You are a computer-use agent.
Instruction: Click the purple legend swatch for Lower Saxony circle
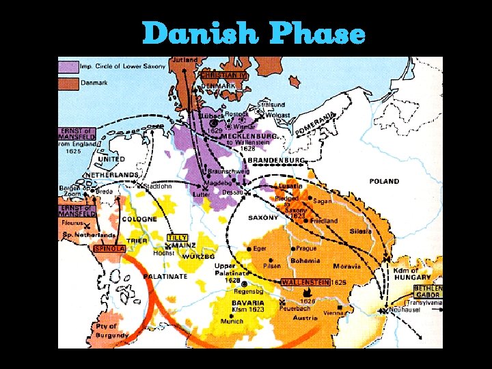(68, 66)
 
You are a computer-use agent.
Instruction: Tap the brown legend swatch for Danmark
(68, 82)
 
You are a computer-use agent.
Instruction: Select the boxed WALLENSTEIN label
(305, 282)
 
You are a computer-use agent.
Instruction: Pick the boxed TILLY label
(177, 237)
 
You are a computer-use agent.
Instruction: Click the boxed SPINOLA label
(109, 249)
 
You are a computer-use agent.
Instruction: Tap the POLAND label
(384, 182)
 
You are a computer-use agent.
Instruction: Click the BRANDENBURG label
(276, 160)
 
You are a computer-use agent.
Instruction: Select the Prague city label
(306, 249)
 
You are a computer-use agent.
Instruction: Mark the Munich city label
(232, 321)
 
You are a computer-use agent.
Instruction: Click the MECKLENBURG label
(249, 136)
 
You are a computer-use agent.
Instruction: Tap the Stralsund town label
(271, 105)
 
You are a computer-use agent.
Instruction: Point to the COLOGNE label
(139, 219)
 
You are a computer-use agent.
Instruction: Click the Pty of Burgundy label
(111, 331)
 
